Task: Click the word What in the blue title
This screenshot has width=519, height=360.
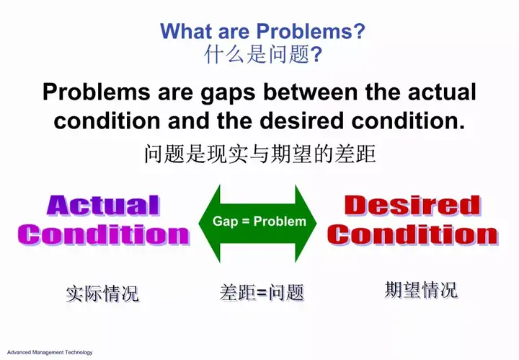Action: click(186, 31)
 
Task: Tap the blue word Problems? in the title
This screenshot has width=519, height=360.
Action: click(311, 31)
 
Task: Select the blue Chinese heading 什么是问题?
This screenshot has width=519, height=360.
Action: click(263, 54)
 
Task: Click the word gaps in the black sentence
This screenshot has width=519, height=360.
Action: click(228, 93)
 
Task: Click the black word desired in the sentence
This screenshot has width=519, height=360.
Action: click(301, 120)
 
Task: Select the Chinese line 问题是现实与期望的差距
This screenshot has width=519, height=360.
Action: click(260, 154)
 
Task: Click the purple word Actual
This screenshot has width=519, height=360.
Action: click(103, 206)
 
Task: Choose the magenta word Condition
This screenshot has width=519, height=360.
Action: click(104, 234)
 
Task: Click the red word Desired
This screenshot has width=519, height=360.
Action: click(412, 206)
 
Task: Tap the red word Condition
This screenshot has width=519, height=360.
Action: click(413, 234)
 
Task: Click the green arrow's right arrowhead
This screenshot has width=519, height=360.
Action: click(306, 224)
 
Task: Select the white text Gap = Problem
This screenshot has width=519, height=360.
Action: click(259, 221)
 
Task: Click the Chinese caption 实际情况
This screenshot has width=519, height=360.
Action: click(102, 294)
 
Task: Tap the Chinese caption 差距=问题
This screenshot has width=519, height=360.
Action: click(262, 292)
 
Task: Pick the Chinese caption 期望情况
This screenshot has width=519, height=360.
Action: click(421, 290)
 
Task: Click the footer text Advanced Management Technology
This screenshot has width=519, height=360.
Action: click(50, 352)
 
